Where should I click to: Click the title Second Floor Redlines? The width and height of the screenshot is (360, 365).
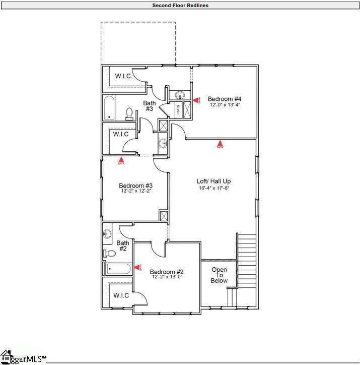tap(180, 6)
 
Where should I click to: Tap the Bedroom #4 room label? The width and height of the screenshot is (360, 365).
tap(225, 99)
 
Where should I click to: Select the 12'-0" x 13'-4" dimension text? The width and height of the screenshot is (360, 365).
tap(225, 105)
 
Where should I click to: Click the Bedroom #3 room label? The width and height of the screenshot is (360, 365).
tap(135, 185)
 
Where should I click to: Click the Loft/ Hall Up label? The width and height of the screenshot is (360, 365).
tap(213, 181)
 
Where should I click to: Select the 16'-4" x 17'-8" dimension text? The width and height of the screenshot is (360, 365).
tap(213, 188)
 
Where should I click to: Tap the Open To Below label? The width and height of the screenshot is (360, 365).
tap(219, 275)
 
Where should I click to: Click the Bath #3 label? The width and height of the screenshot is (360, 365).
tap(149, 106)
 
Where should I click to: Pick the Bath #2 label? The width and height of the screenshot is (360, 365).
tap(123, 246)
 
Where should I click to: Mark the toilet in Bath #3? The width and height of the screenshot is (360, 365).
tap(129, 114)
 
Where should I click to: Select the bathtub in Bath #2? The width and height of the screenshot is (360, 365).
tap(118, 269)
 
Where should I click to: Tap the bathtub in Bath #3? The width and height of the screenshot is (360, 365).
tap(110, 108)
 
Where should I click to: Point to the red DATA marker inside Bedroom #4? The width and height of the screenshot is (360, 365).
tap(196, 100)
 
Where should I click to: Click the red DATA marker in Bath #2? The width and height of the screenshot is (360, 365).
tap(137, 268)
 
